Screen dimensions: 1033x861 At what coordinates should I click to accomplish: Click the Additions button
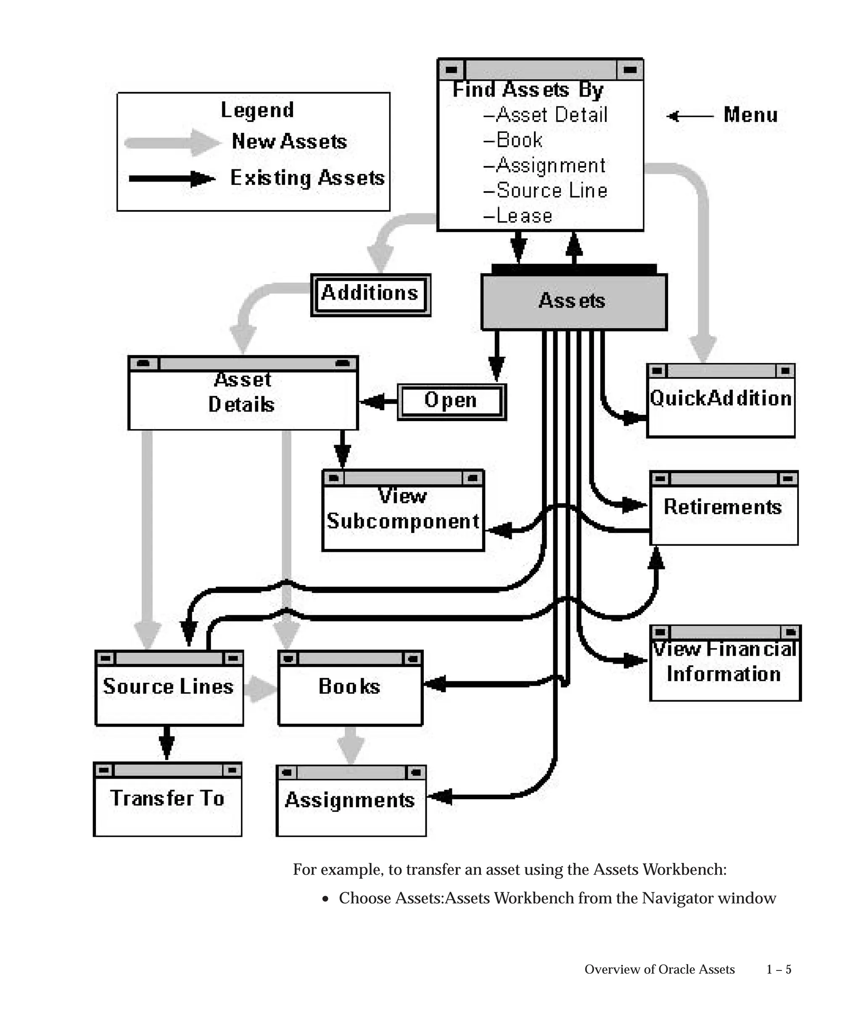pyautogui.click(x=370, y=294)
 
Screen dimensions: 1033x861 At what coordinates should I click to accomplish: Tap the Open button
pyautogui.click(x=451, y=402)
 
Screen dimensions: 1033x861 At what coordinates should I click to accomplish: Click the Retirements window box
pyautogui.click(x=723, y=508)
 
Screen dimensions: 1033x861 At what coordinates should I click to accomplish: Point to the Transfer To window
pyautogui.click(x=167, y=799)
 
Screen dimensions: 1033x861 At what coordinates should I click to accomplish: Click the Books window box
pyautogui.click(x=350, y=687)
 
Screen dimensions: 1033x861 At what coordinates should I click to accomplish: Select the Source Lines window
pyautogui.click(x=169, y=687)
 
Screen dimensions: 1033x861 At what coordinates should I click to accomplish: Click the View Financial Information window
pyautogui.click(x=725, y=663)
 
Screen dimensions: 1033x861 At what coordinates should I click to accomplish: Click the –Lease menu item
pyautogui.click(x=518, y=216)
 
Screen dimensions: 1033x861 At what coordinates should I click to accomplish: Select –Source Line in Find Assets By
pyautogui.click(x=546, y=190)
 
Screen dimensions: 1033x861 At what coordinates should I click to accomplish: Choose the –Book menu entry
pyautogui.click(x=513, y=140)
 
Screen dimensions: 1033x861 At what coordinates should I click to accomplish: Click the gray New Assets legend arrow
pyautogui.click(x=172, y=142)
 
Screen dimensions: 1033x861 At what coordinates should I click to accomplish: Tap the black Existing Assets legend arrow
pyautogui.click(x=172, y=179)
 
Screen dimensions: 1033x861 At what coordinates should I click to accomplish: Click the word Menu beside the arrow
pyautogui.click(x=751, y=115)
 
